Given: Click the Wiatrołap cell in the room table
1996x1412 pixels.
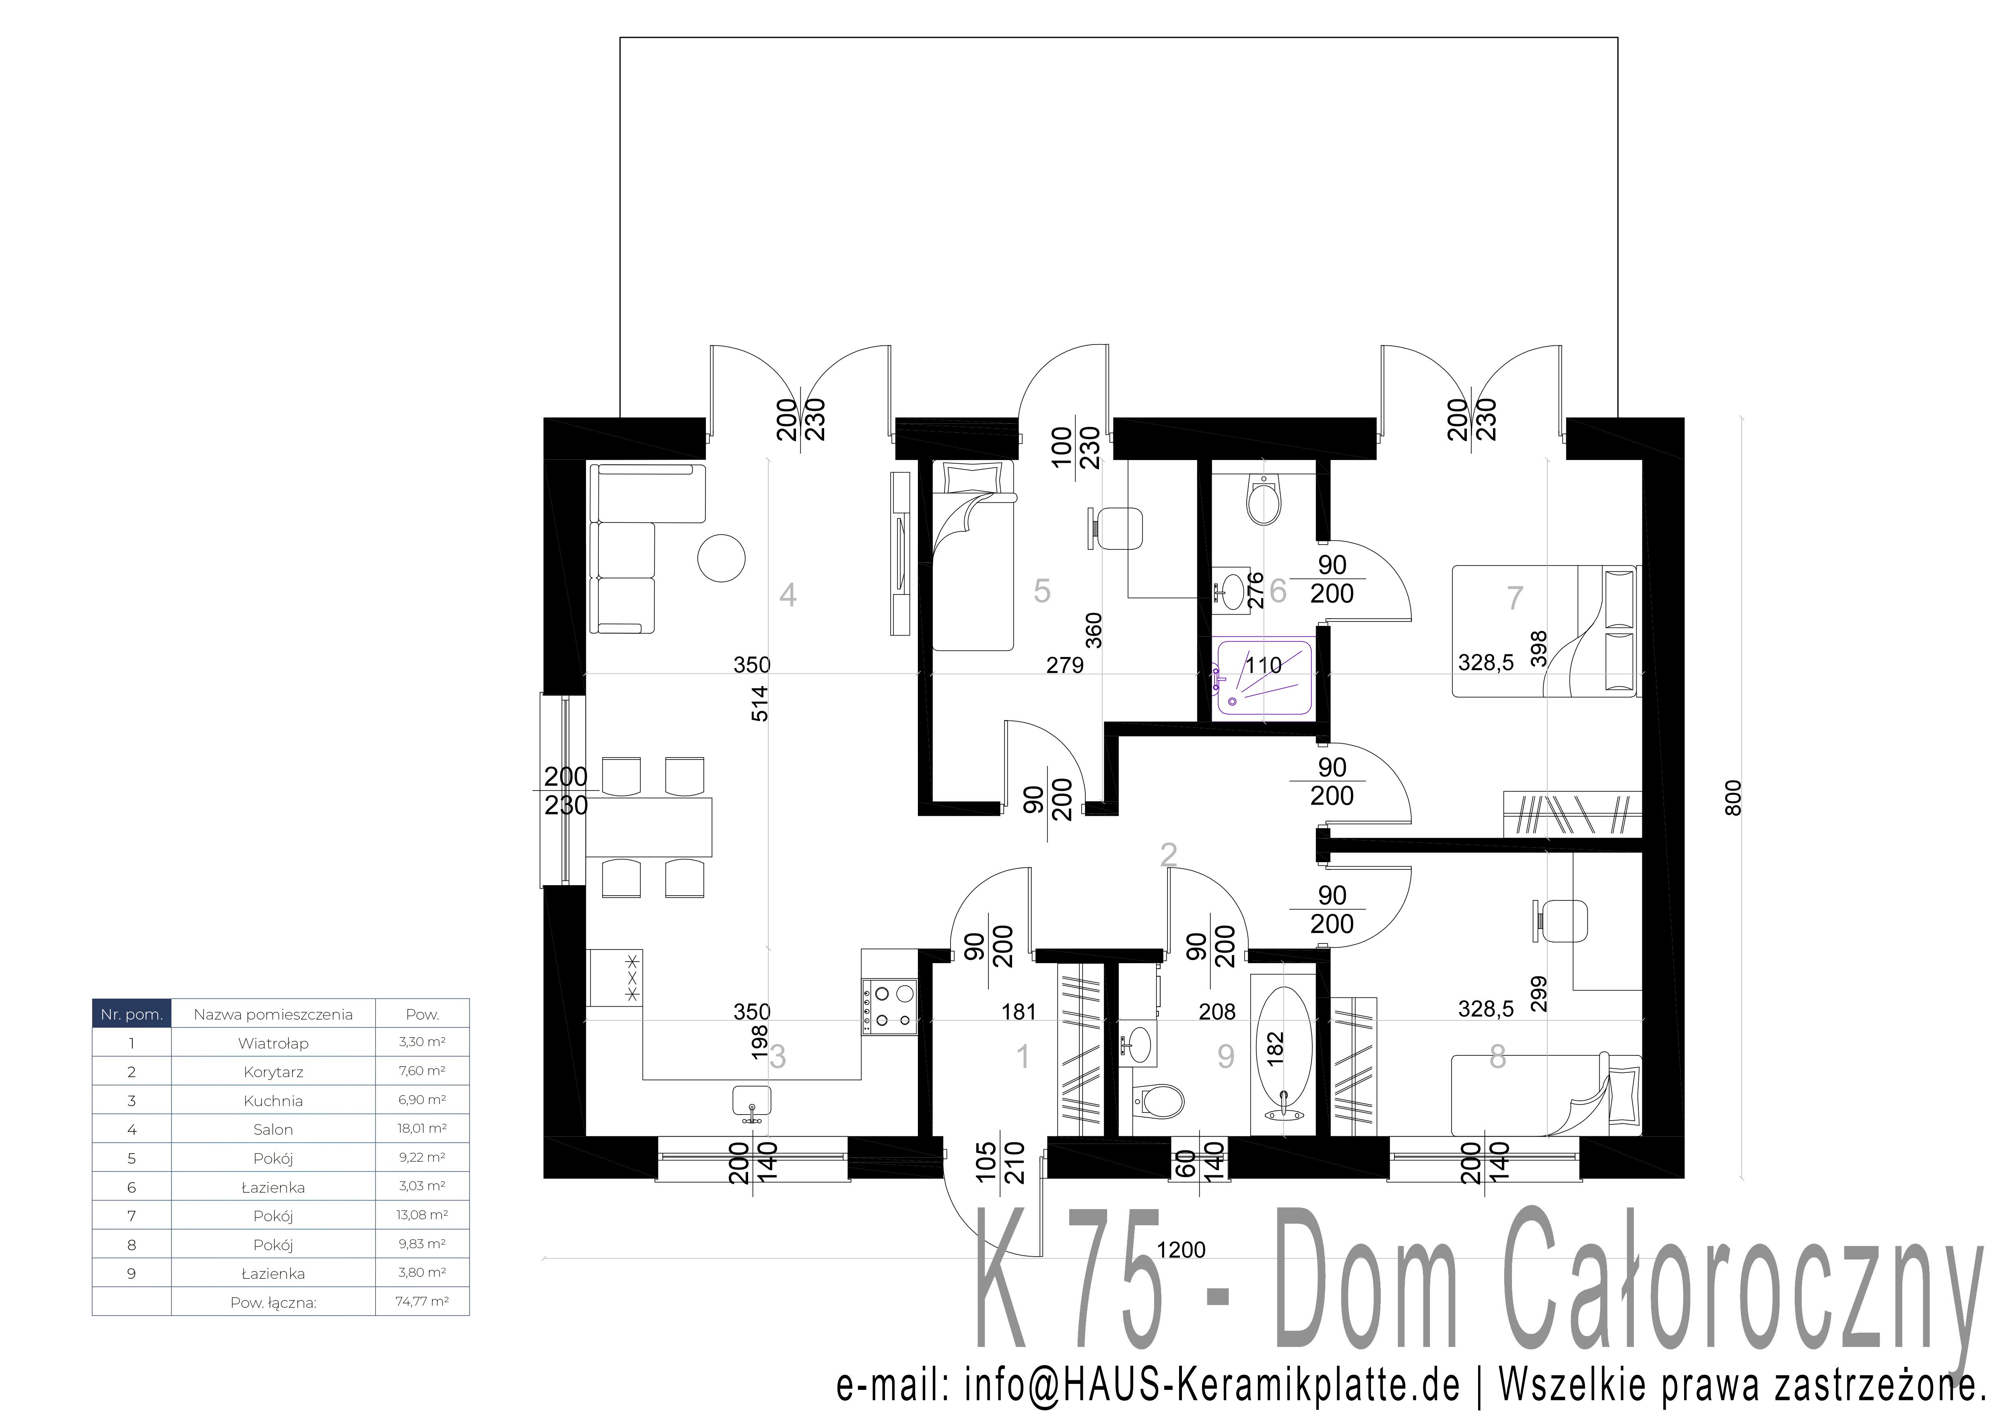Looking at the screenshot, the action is [x=273, y=1042].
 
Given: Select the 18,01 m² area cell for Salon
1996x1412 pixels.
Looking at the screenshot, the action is [x=423, y=1129].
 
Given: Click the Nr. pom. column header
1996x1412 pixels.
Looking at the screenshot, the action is [x=131, y=1014].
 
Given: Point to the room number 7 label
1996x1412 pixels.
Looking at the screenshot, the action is [x=1514, y=598].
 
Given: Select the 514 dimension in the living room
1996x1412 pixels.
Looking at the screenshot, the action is [x=760, y=704].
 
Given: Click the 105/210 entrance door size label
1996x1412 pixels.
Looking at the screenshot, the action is [x=1000, y=1162].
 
